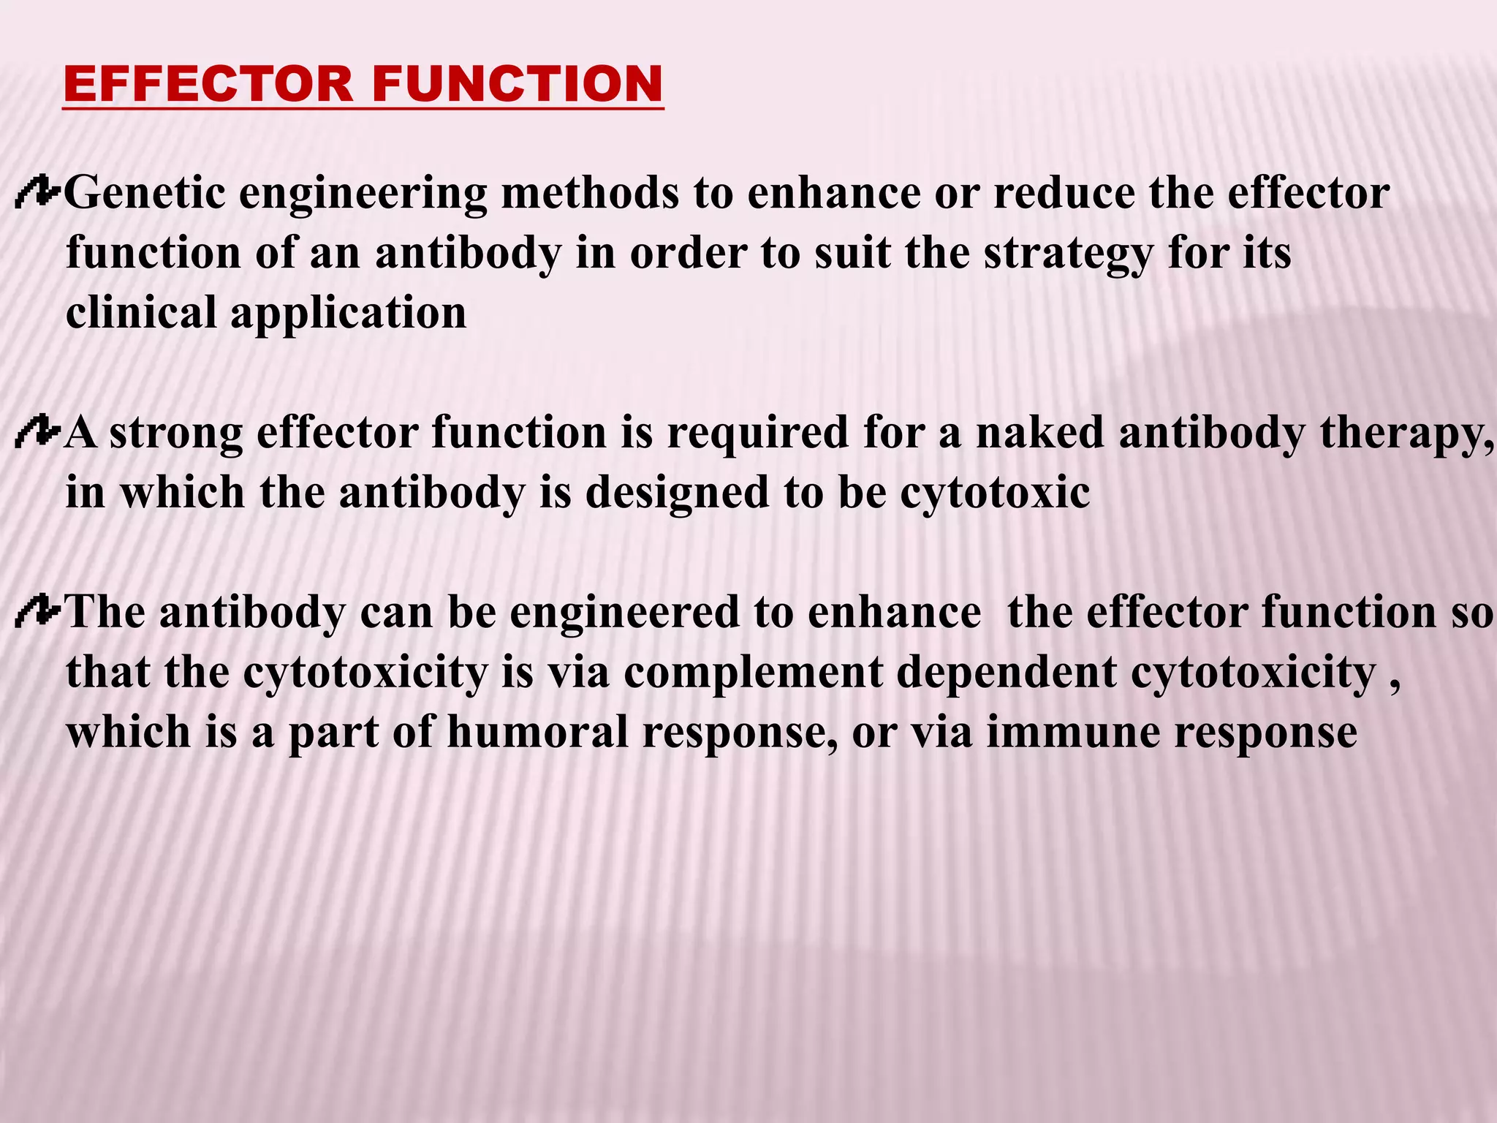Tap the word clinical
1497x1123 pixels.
(x=140, y=313)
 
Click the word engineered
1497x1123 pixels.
(x=625, y=613)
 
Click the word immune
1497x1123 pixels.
(x=1073, y=733)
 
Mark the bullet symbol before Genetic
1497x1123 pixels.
(x=37, y=193)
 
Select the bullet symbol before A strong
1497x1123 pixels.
(x=37, y=433)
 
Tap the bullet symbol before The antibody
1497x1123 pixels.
(x=37, y=613)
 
